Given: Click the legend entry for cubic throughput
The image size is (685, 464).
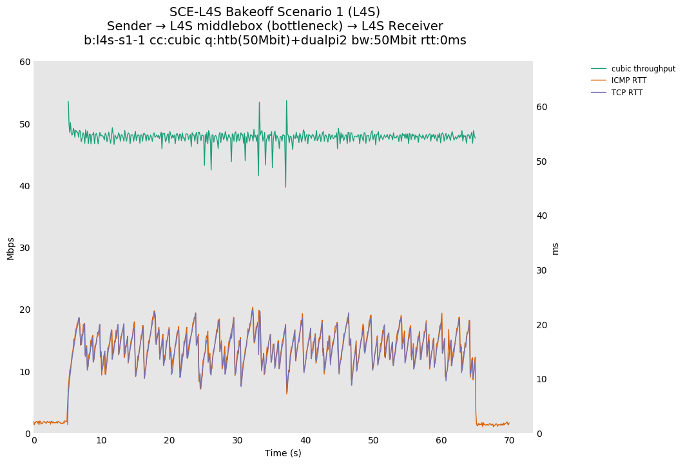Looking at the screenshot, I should point(642,69).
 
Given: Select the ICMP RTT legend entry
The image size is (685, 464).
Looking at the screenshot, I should point(628,80).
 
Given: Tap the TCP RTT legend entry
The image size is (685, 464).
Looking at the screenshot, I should point(626,93).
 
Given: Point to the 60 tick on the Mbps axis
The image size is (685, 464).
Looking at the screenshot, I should point(25,62).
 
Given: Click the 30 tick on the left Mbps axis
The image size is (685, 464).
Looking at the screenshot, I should point(25,248).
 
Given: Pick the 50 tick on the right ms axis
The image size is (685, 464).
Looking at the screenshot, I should point(543,162).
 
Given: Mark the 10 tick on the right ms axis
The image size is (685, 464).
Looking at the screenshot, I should point(543,379).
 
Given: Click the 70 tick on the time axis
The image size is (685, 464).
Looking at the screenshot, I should point(509,440).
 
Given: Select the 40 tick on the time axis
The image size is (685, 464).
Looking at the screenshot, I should point(305,440).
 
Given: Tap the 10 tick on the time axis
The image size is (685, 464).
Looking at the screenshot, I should point(101,440).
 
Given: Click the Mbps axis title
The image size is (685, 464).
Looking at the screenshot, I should point(10,248).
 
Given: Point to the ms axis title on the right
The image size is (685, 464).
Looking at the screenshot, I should point(555,248).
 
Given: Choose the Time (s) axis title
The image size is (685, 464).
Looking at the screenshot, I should point(283,453).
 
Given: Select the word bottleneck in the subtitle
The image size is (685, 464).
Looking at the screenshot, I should point(305,26).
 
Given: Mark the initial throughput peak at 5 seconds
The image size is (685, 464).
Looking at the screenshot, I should point(68,102).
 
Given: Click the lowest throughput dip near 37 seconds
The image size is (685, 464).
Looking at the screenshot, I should point(285,187).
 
